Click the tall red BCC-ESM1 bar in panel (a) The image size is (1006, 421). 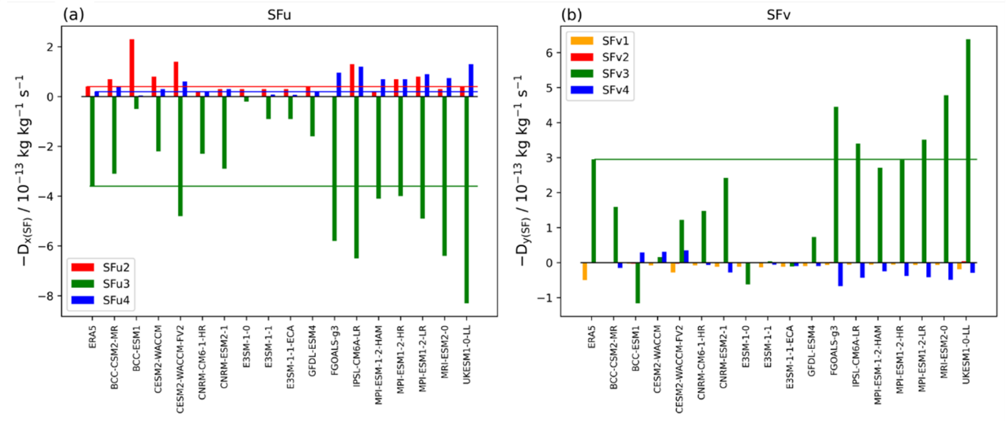click(131, 68)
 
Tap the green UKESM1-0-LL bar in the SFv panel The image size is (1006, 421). click(967, 150)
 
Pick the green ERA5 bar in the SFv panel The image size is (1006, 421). click(593, 210)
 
